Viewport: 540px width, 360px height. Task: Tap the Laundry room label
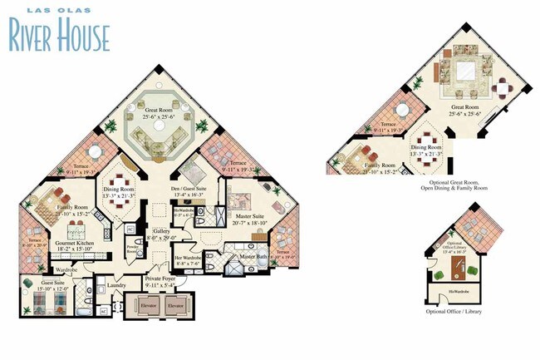[116, 285]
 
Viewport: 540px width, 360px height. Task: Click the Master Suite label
[250, 216]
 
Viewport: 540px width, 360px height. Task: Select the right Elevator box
[174, 306]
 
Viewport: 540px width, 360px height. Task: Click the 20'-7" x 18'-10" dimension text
[249, 223]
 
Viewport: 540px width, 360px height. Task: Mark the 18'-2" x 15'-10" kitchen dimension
[72, 249]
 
